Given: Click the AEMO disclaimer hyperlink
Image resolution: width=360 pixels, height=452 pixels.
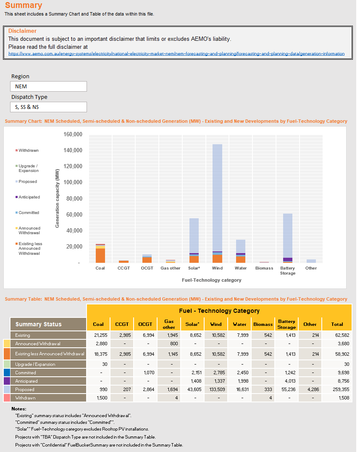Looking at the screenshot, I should (x=176, y=54).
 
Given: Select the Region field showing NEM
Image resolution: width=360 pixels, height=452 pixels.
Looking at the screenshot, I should (x=48, y=86).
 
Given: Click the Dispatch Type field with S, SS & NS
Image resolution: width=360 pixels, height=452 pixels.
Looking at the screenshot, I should (x=48, y=107).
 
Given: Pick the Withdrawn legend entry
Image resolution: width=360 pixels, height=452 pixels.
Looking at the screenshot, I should (x=29, y=150).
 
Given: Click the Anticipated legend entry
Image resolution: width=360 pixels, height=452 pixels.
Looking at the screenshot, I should (x=29, y=197).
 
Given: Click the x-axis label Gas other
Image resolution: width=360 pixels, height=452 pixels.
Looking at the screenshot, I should (x=170, y=268).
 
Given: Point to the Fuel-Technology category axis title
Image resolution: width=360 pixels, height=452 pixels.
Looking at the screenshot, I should (x=211, y=280).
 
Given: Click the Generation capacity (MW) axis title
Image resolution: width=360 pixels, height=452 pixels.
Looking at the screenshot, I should (x=57, y=198).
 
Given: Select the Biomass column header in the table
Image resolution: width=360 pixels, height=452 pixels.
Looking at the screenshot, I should (x=263, y=324).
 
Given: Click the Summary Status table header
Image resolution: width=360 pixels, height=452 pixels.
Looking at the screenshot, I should (x=38, y=324).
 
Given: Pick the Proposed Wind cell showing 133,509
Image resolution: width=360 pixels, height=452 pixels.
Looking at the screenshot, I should (x=216, y=389).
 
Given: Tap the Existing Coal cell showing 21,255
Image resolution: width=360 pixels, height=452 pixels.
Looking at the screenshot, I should (x=98, y=335).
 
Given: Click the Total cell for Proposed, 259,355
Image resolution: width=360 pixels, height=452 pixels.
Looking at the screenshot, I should (x=337, y=389).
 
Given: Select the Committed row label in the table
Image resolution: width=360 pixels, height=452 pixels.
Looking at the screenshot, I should (x=26, y=373).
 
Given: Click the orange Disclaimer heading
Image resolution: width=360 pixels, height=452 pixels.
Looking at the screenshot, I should (x=22, y=31).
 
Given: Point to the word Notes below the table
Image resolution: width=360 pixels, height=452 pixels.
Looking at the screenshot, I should (x=19, y=409).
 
